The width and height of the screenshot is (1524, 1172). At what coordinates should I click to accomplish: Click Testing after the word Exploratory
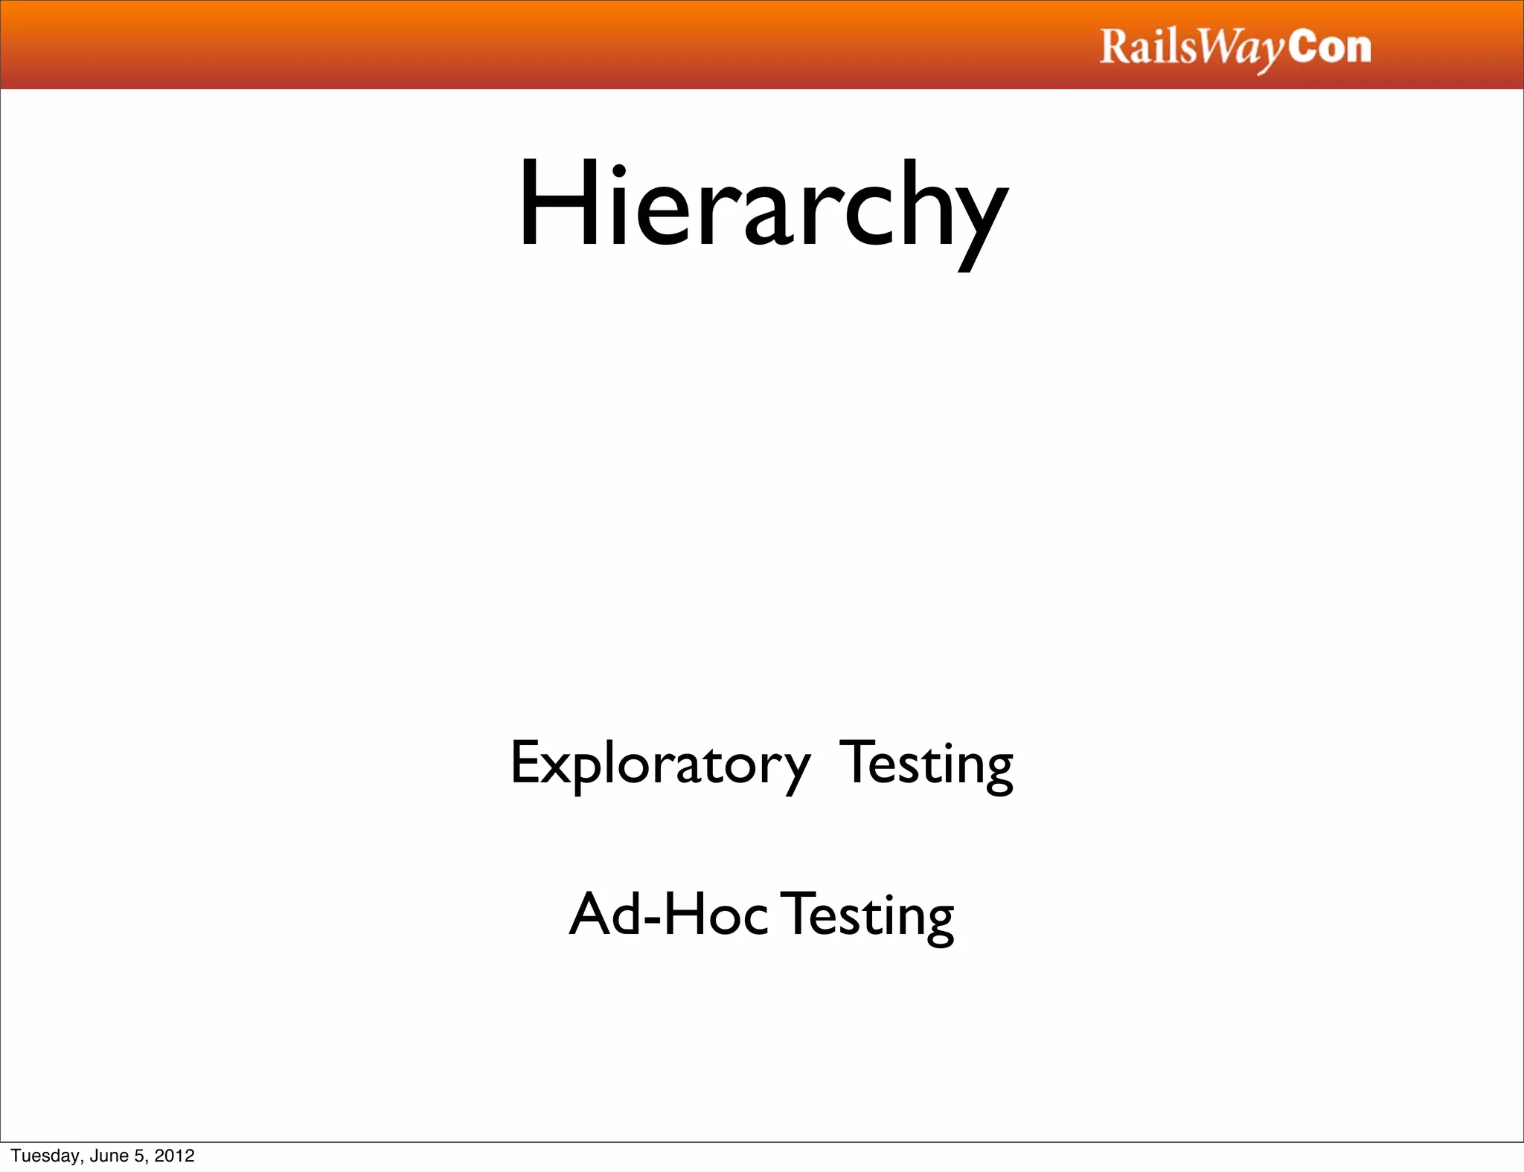(x=926, y=764)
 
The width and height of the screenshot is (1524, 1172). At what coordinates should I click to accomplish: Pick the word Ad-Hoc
(x=667, y=914)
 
